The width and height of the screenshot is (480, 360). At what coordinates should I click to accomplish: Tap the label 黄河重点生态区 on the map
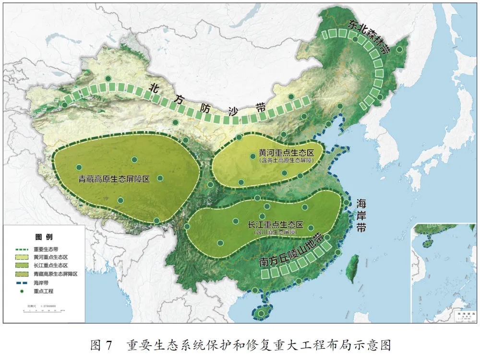click(x=286, y=153)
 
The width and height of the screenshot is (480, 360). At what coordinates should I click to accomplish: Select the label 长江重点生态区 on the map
click(x=276, y=225)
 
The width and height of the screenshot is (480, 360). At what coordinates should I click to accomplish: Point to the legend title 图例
click(x=44, y=237)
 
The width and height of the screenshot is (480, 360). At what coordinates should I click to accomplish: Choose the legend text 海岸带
click(x=41, y=283)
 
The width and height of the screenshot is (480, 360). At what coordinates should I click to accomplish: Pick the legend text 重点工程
click(x=44, y=291)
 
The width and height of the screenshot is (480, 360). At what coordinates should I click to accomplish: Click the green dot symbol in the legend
click(x=22, y=291)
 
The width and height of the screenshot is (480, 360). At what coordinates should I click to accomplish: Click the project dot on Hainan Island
click(x=261, y=313)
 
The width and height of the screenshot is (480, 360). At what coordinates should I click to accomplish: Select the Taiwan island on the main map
click(x=353, y=266)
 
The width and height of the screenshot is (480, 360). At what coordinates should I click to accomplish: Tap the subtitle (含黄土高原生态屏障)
click(x=286, y=161)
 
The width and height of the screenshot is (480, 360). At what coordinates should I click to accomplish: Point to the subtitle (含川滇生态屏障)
click(x=275, y=232)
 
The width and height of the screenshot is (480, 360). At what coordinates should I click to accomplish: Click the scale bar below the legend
click(x=43, y=312)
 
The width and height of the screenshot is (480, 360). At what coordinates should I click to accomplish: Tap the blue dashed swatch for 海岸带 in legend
click(x=22, y=283)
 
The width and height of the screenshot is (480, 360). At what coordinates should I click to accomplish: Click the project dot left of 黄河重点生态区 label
click(x=252, y=156)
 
